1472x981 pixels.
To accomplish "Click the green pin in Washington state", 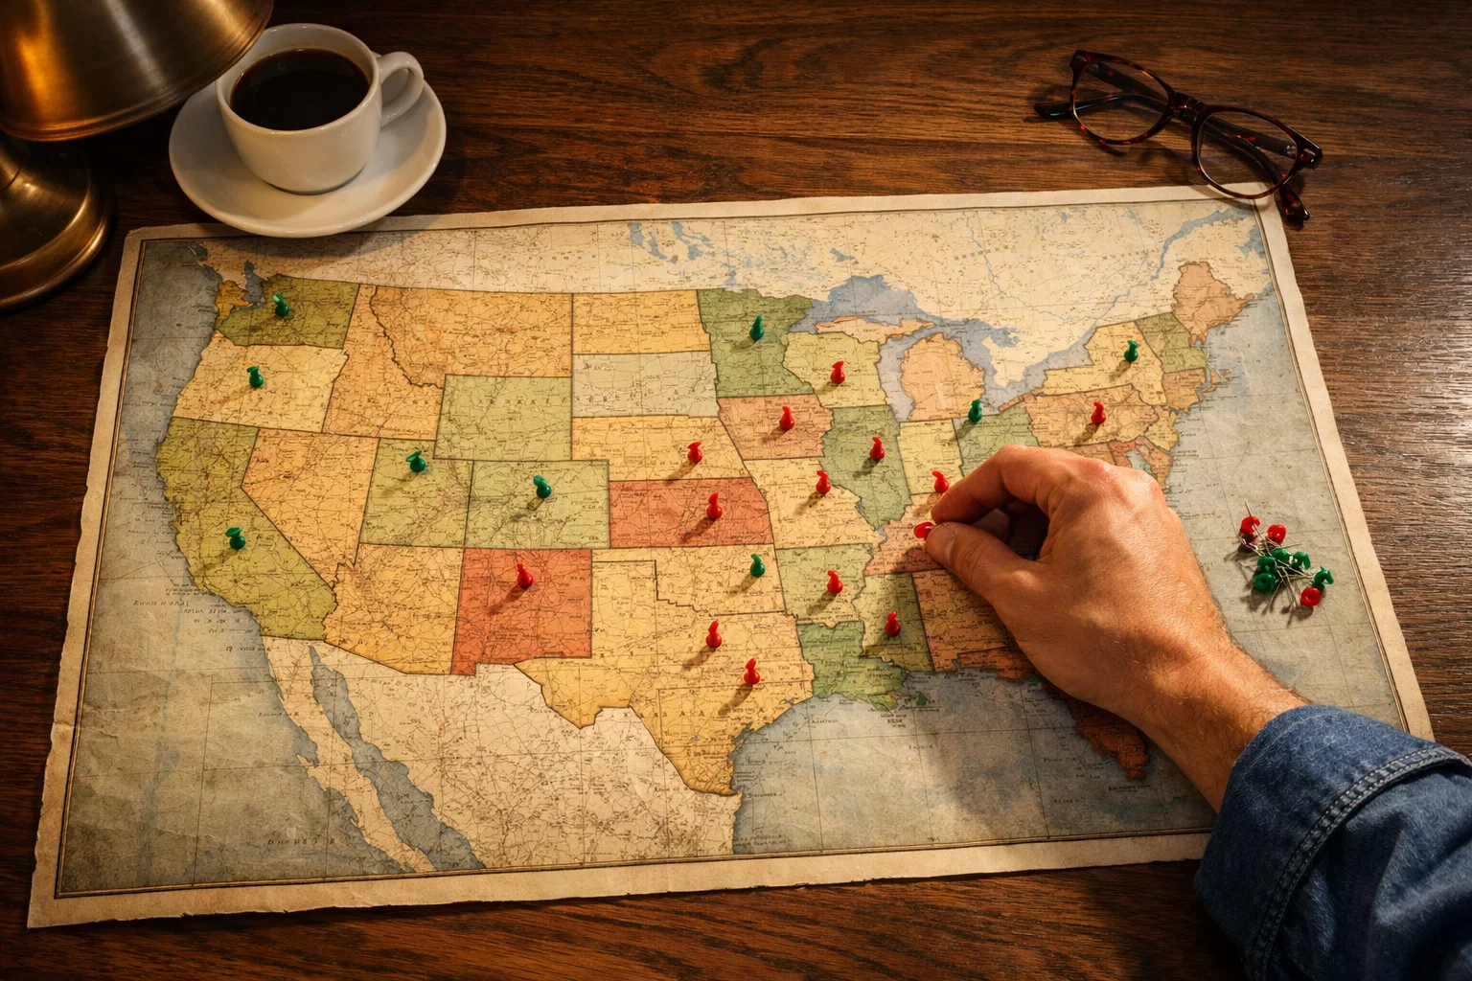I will coord(281,306).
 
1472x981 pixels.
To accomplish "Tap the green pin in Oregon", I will coord(255,376).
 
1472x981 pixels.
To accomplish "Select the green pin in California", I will coord(235,536).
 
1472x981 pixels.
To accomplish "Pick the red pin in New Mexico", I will coord(523,575).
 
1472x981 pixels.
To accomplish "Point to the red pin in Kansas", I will coord(713,505).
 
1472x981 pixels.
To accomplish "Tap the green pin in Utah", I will coord(416,461).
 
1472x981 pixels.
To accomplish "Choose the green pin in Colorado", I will coord(542,487).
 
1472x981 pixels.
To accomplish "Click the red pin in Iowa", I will coord(787,418).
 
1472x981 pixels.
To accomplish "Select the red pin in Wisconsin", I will coord(838,372).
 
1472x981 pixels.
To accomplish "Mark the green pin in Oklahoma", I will coord(757,564).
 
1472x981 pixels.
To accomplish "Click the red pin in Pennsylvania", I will coord(1098,413).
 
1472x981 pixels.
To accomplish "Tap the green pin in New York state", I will coord(1131,350).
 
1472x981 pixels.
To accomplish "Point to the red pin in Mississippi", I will coord(892,624).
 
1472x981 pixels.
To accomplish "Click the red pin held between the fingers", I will coord(924,529).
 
